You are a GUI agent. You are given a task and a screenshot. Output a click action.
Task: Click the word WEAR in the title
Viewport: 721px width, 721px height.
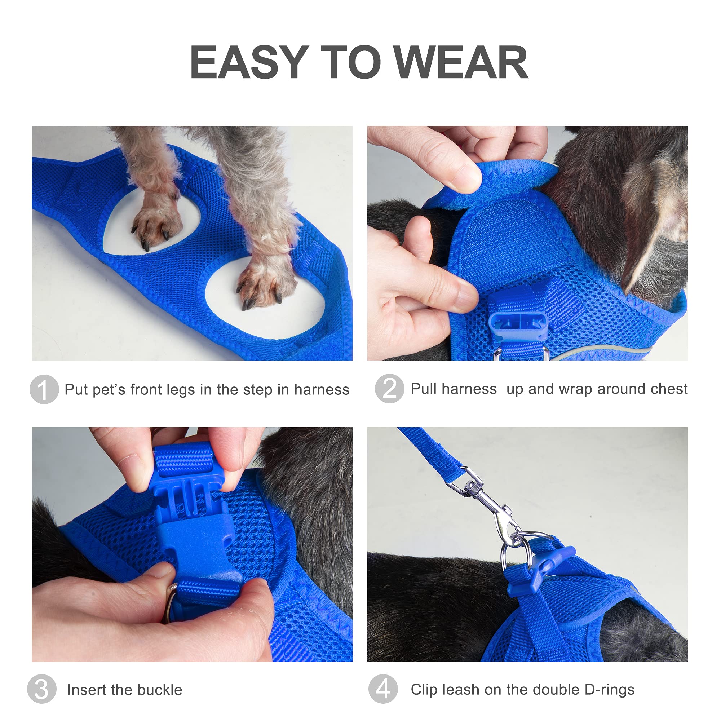(x=461, y=62)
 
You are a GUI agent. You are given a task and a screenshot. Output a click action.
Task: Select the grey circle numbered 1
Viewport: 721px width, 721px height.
(x=44, y=389)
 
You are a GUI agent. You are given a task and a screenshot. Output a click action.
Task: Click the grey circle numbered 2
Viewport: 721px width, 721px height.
(x=389, y=389)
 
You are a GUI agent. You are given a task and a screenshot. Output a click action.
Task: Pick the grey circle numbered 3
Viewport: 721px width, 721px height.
(x=42, y=689)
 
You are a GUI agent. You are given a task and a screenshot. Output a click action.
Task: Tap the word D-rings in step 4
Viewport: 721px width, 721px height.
(x=609, y=690)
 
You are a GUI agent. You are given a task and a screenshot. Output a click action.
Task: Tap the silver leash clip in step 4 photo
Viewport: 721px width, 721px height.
(x=485, y=500)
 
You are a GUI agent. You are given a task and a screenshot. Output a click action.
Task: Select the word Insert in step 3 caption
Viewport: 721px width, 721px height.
(x=85, y=690)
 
